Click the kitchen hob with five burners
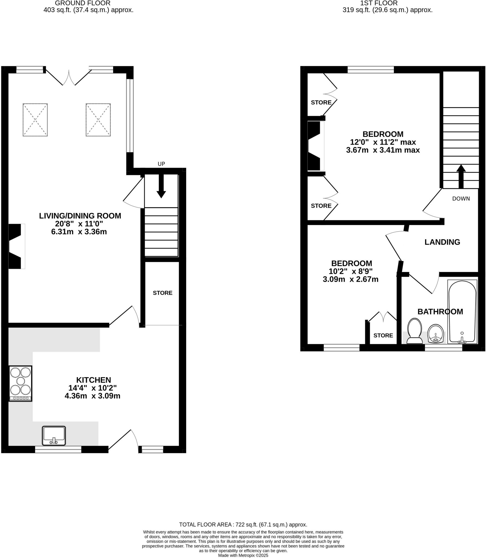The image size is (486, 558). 20,383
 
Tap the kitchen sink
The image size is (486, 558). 54,435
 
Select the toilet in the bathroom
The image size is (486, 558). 414,331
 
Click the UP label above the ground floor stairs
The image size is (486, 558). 161,164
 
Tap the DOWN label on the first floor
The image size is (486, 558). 461,199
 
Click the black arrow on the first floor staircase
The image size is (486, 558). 461,176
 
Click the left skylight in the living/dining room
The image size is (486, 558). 35,120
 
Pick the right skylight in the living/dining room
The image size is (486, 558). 98,120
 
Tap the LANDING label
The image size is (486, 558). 442,242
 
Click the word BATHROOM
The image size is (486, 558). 440,311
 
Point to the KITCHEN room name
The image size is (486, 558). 93,380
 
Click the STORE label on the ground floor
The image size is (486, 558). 162,293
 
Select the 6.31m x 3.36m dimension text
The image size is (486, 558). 79,232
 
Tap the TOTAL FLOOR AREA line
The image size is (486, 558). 243,524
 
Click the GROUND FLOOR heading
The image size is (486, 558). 83,3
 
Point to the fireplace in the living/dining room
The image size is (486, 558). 16,246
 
